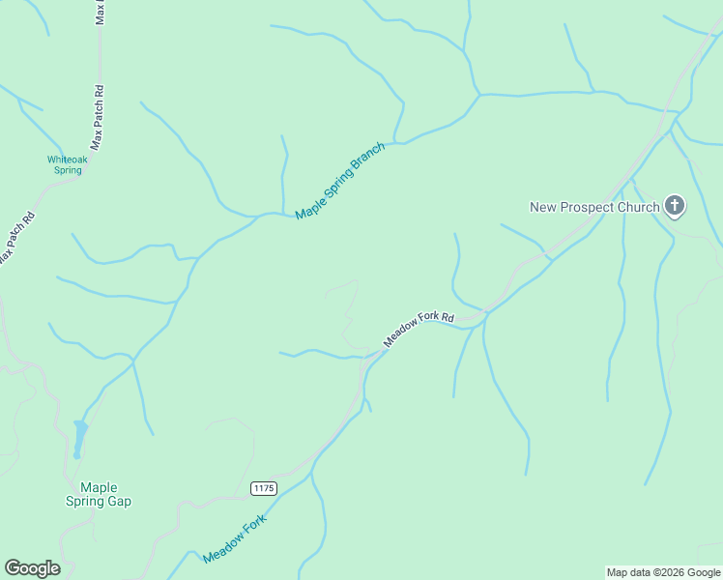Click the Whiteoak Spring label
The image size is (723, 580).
66,164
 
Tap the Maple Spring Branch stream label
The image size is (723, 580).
340,181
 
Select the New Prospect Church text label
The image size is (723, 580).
594,206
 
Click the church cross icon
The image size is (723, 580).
675,205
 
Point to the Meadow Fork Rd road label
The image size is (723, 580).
419,330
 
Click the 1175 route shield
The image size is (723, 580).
263,489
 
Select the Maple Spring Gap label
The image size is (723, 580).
99,494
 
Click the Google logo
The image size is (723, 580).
32,568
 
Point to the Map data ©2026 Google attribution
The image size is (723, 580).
663,572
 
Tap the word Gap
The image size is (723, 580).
119,501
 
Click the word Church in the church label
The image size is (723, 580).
638,206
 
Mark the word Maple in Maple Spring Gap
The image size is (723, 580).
99,487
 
